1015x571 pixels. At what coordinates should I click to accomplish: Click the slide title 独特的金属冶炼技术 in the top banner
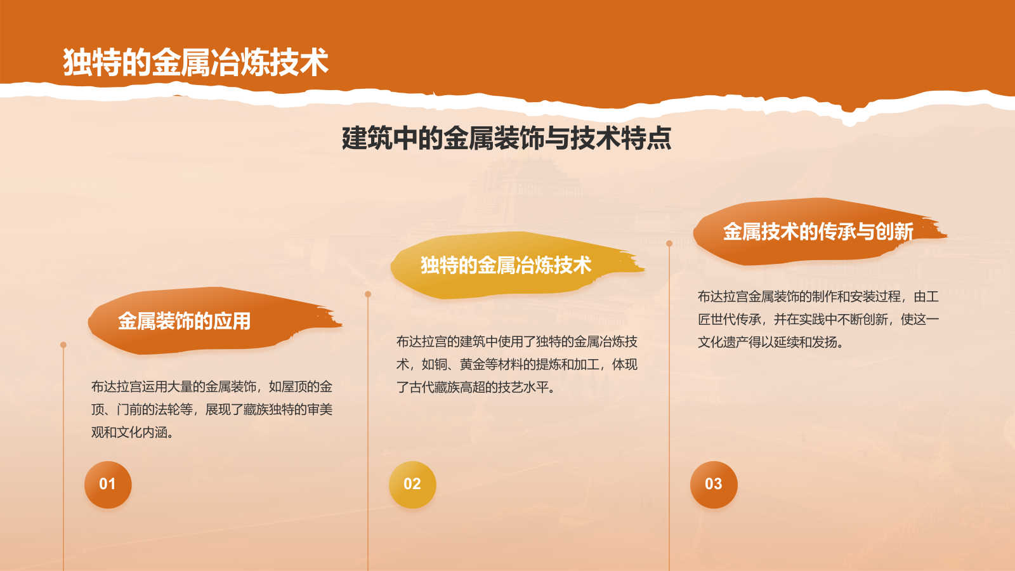tap(195, 62)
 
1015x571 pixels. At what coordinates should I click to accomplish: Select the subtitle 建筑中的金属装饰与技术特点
tap(506, 138)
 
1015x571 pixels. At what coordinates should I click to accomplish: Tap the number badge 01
tap(108, 484)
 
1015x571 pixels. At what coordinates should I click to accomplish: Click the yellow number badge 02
tap(412, 484)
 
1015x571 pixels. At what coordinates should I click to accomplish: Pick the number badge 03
tap(714, 484)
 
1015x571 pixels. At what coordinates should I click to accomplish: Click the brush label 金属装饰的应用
tap(184, 321)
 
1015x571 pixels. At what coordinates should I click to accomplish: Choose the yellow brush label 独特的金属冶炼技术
tap(506, 265)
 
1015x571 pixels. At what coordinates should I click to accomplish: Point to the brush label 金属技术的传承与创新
tap(818, 232)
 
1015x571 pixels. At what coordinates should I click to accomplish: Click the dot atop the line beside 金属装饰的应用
tap(63, 345)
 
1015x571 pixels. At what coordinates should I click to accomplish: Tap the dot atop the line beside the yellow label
tap(368, 294)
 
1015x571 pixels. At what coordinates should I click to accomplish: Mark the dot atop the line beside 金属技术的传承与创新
tap(669, 244)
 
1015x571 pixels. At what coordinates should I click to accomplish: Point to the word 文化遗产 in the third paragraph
tap(723, 343)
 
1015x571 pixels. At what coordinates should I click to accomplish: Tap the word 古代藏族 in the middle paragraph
tap(435, 388)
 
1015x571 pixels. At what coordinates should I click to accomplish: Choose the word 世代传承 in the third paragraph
tap(736, 320)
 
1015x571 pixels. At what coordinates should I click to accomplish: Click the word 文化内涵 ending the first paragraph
tap(142, 433)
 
